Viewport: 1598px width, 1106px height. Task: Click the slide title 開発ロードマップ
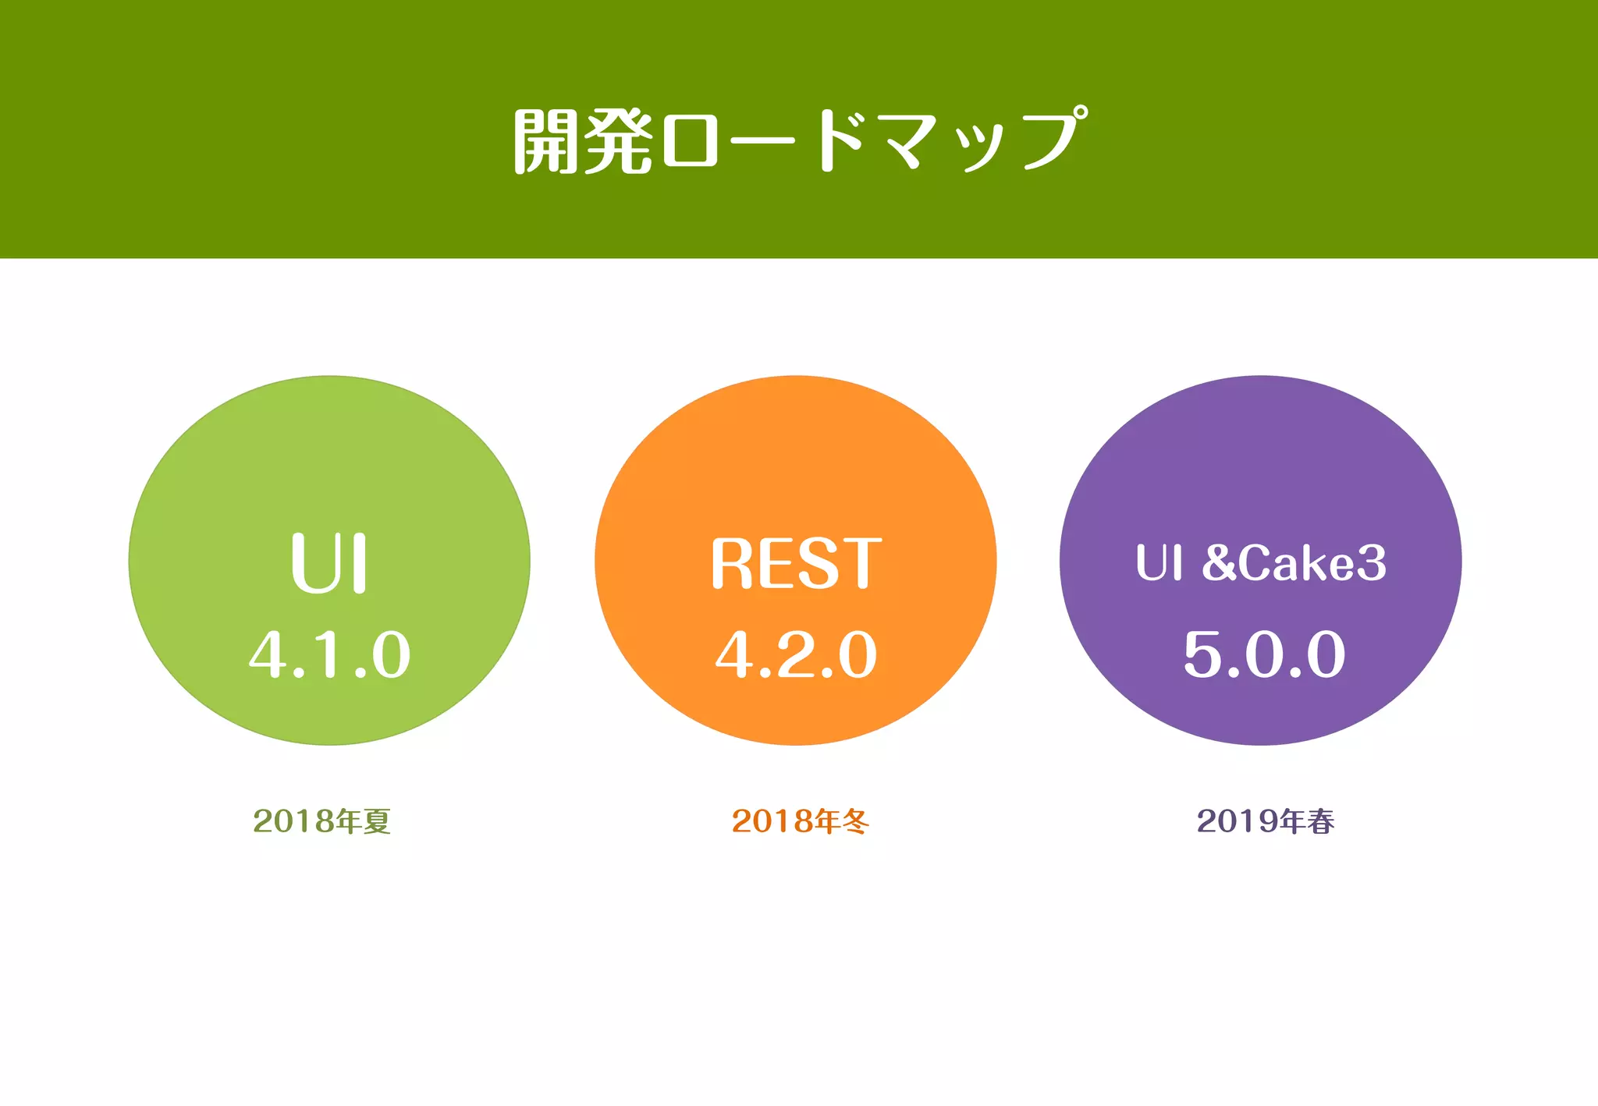[799, 140]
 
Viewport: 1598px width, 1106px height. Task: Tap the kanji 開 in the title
[546, 141]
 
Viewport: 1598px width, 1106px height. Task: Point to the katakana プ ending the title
[1050, 139]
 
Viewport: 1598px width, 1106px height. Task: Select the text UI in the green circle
[328, 563]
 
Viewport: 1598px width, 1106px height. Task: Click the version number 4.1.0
[329, 654]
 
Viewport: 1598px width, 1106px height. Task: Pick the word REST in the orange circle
[796, 563]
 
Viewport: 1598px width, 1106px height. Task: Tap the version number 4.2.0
[796, 654]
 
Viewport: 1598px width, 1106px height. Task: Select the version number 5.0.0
[1264, 654]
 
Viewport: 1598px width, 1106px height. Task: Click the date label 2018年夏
[321, 821]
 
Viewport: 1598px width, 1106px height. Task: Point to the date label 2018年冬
[800, 821]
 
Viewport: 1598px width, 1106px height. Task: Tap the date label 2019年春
[1265, 821]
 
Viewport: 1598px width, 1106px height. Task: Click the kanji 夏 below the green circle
[377, 821]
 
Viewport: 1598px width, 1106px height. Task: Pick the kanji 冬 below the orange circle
[855, 821]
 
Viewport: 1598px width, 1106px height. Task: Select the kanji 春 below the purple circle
[1321, 821]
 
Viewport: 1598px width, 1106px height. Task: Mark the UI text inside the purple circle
[1159, 562]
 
